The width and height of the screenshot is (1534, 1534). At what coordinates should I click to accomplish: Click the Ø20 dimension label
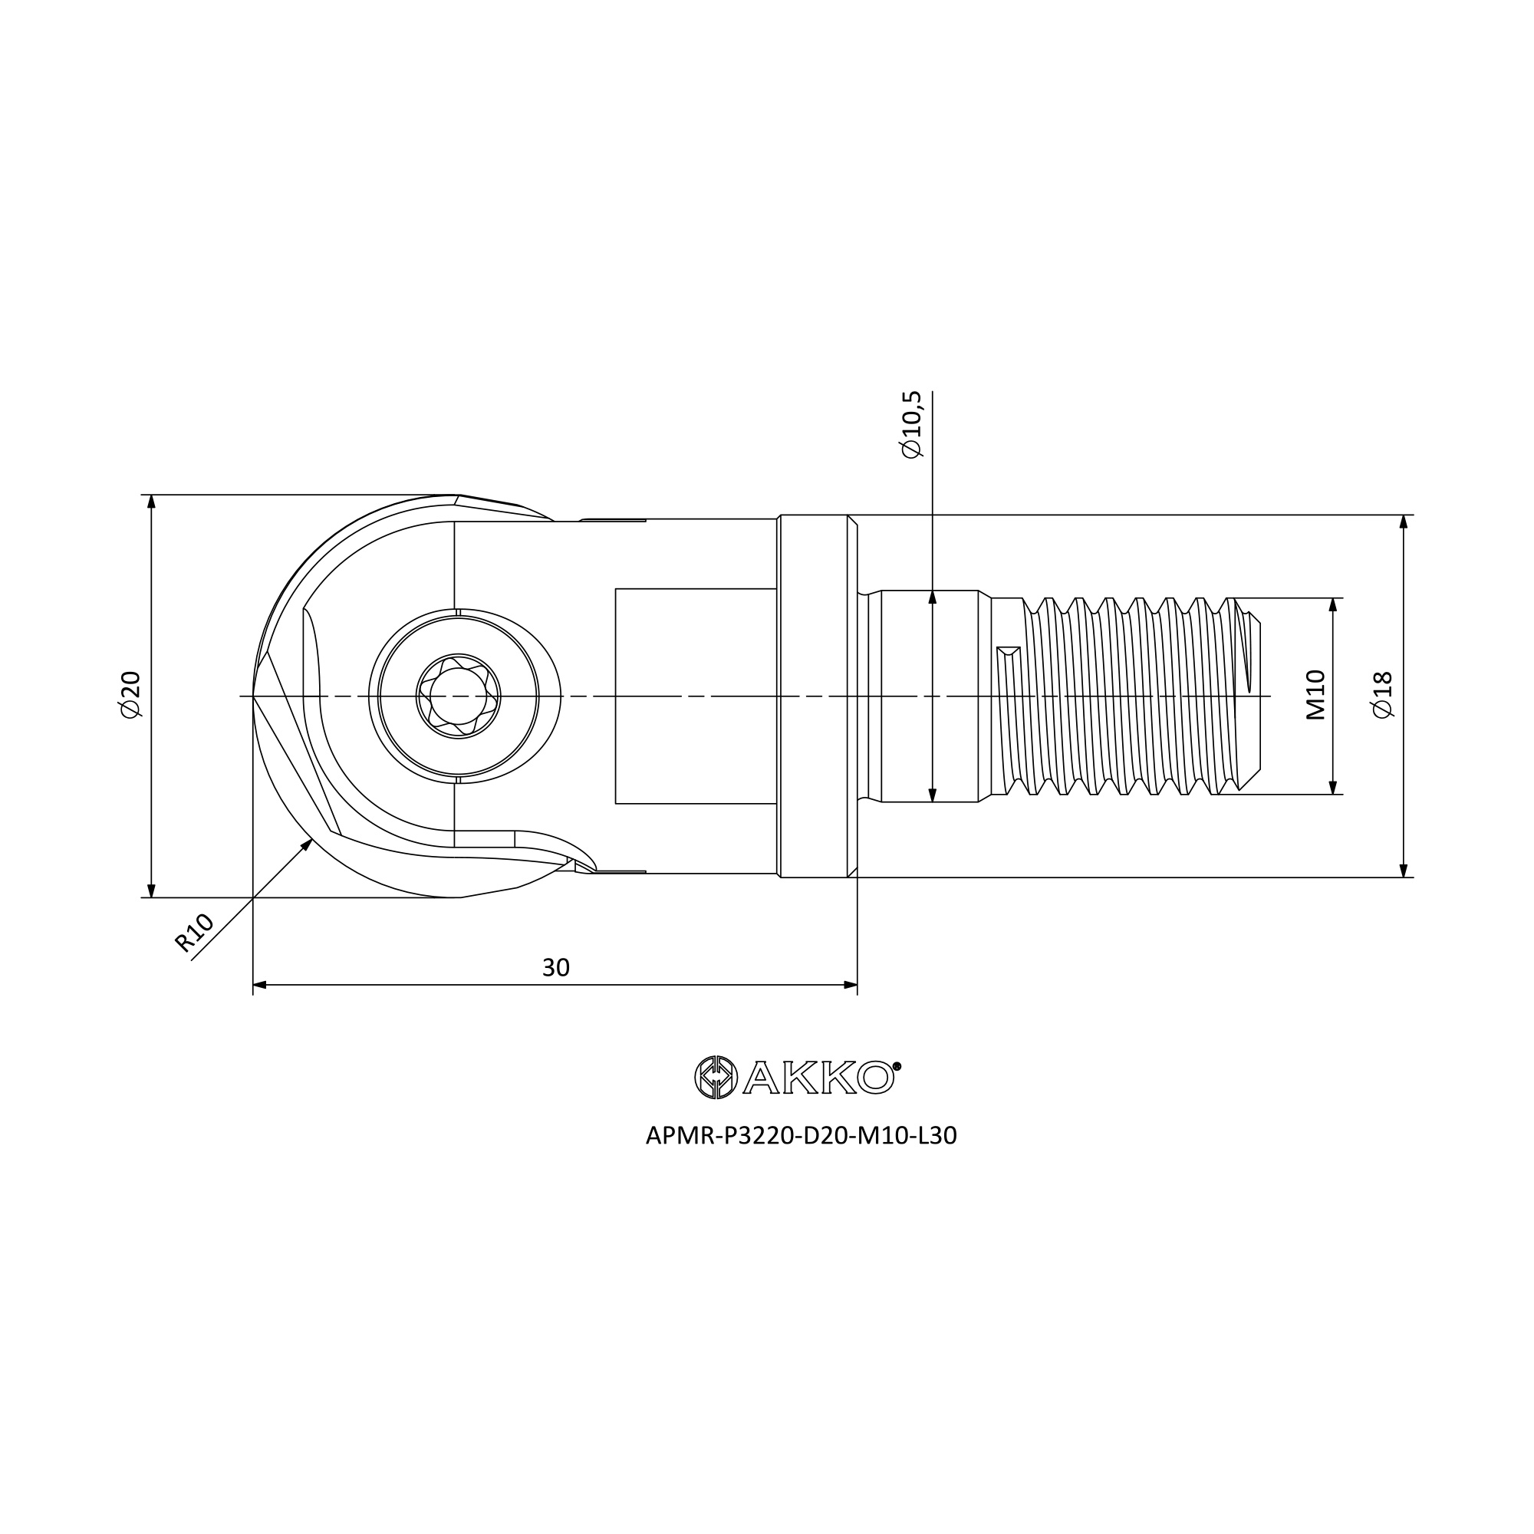pyautogui.click(x=130, y=695)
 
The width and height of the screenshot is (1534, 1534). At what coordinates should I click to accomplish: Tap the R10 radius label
pyautogui.click(x=195, y=933)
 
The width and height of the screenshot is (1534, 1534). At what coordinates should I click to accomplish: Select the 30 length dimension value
pyautogui.click(x=556, y=967)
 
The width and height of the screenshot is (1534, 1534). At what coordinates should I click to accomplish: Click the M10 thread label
pyautogui.click(x=1315, y=695)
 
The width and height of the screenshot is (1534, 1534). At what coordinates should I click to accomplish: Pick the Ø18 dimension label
pyautogui.click(x=1382, y=695)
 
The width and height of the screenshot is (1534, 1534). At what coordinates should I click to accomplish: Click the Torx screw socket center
pyautogui.click(x=458, y=696)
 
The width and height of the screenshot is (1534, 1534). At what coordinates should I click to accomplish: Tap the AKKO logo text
pyautogui.click(x=821, y=1078)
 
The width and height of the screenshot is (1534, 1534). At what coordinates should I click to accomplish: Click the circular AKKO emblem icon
pyautogui.click(x=716, y=1078)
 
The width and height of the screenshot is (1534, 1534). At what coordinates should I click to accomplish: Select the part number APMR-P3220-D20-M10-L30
pyautogui.click(x=802, y=1136)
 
